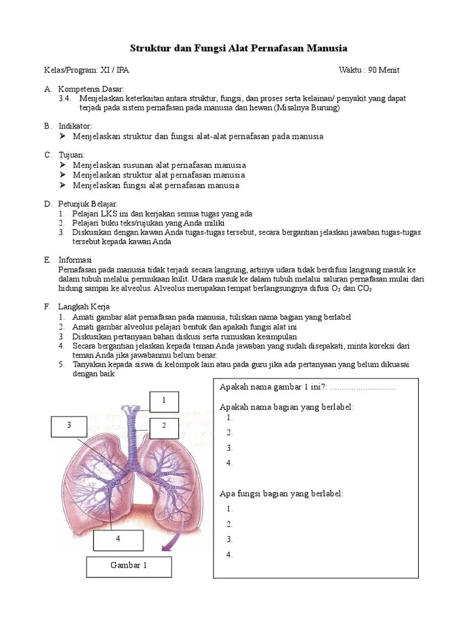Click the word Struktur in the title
pyautogui.click(x=152, y=49)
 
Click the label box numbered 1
pyautogui.click(x=163, y=401)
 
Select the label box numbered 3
pyautogui.click(x=69, y=426)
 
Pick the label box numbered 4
pyautogui.click(x=118, y=539)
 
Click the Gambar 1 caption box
pyautogui.click(x=129, y=566)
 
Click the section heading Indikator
pyautogui.click(x=75, y=126)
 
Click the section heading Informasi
pyautogui.click(x=75, y=260)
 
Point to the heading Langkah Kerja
pyautogui.click(x=84, y=307)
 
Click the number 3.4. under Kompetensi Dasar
pyautogui.click(x=65, y=98)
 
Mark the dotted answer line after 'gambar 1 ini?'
pyautogui.click(x=362, y=388)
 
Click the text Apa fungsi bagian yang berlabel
pyautogui.click(x=281, y=494)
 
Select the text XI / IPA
pyautogui.click(x=115, y=70)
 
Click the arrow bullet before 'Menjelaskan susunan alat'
pyautogui.click(x=62, y=165)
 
